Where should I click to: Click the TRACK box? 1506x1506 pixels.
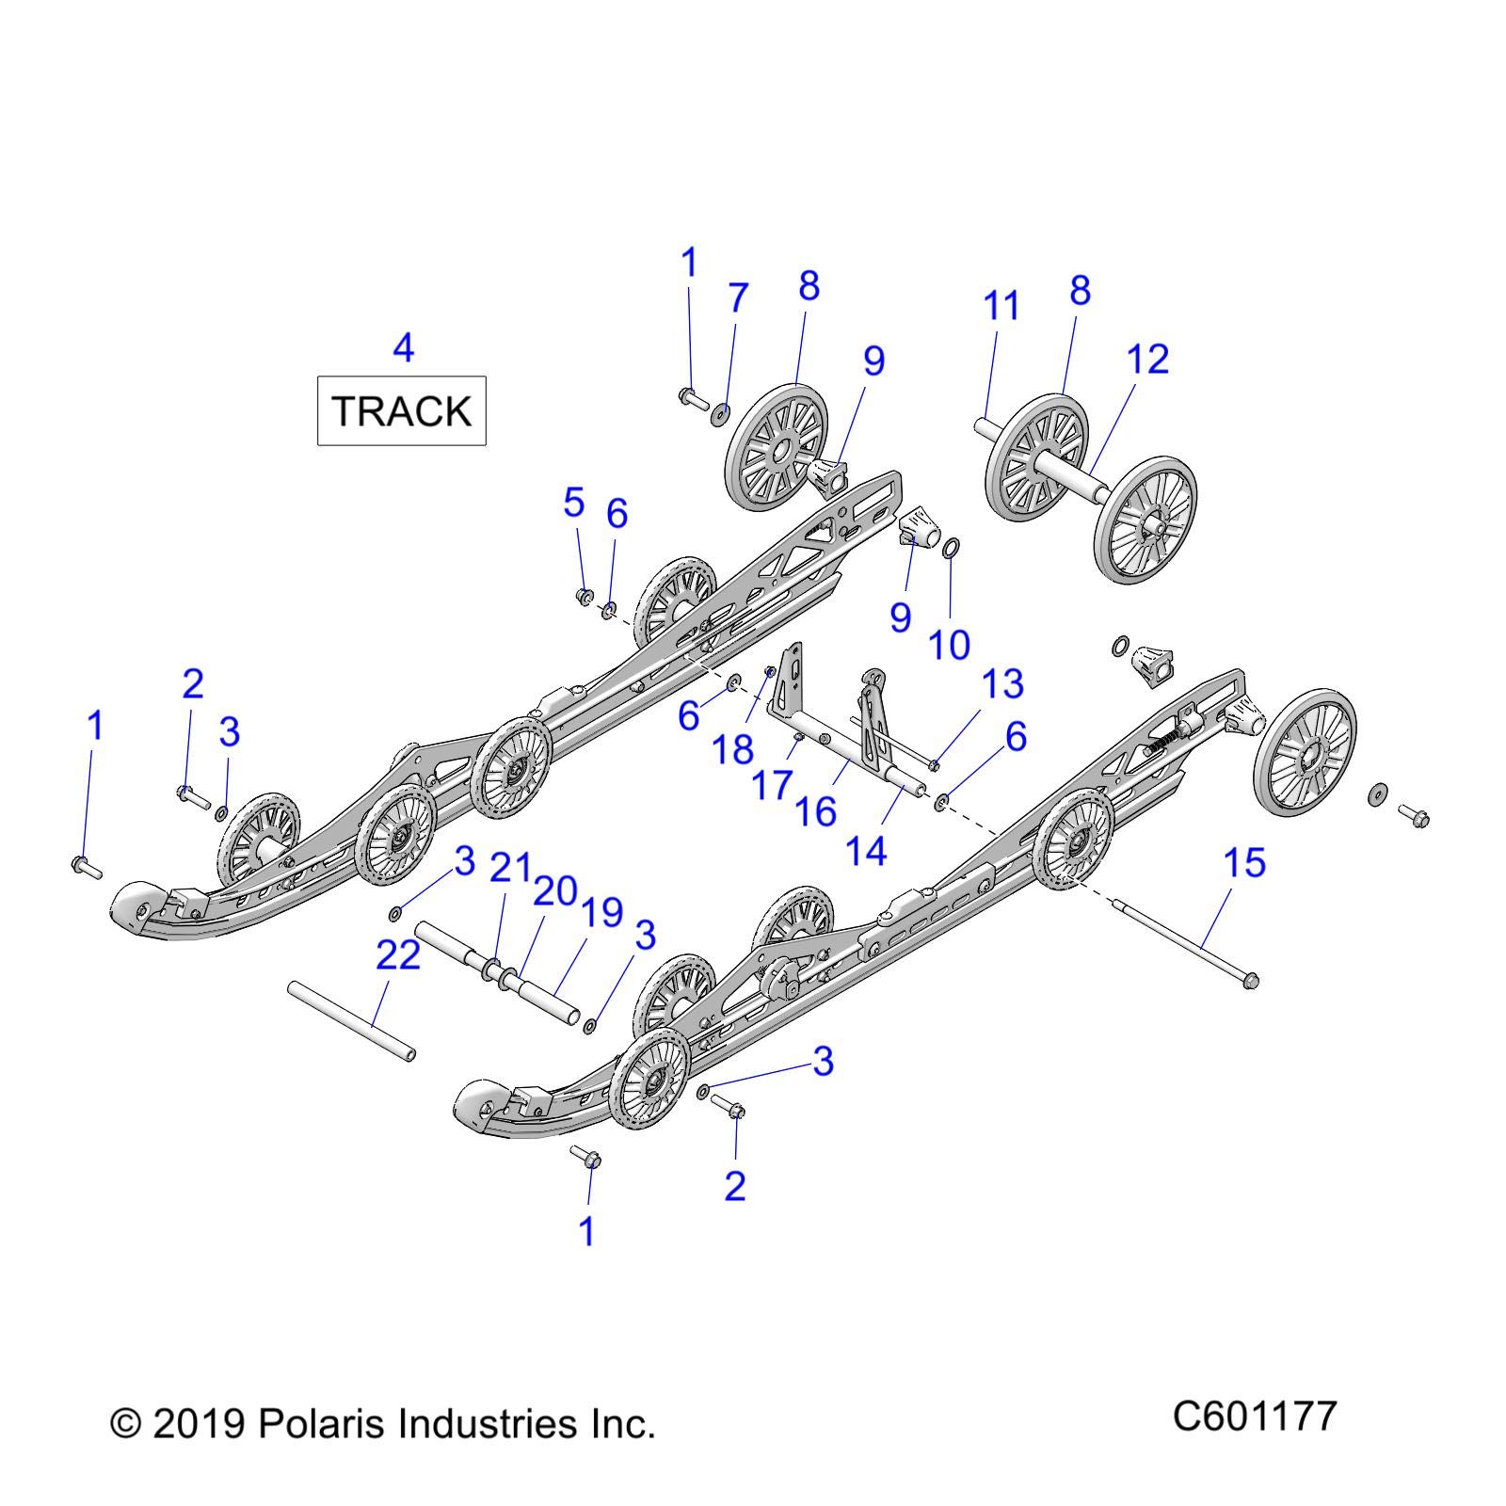click(401, 410)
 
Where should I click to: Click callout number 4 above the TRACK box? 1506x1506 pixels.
click(403, 348)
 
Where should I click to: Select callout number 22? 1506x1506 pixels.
click(398, 955)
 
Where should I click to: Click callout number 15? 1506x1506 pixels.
click(1243, 863)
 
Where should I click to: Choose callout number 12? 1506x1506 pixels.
click(1147, 360)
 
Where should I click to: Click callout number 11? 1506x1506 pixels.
click(1001, 306)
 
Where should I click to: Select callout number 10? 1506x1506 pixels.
click(949, 645)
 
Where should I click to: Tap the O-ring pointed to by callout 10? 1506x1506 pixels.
click(951, 546)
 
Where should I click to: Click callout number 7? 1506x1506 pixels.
click(738, 297)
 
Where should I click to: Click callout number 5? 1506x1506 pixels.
click(574, 504)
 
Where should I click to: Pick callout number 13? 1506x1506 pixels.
click(1001, 684)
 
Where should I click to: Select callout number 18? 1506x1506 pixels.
click(732, 749)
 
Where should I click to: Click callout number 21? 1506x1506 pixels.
click(511, 867)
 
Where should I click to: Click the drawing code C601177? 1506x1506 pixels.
click(1254, 1416)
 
